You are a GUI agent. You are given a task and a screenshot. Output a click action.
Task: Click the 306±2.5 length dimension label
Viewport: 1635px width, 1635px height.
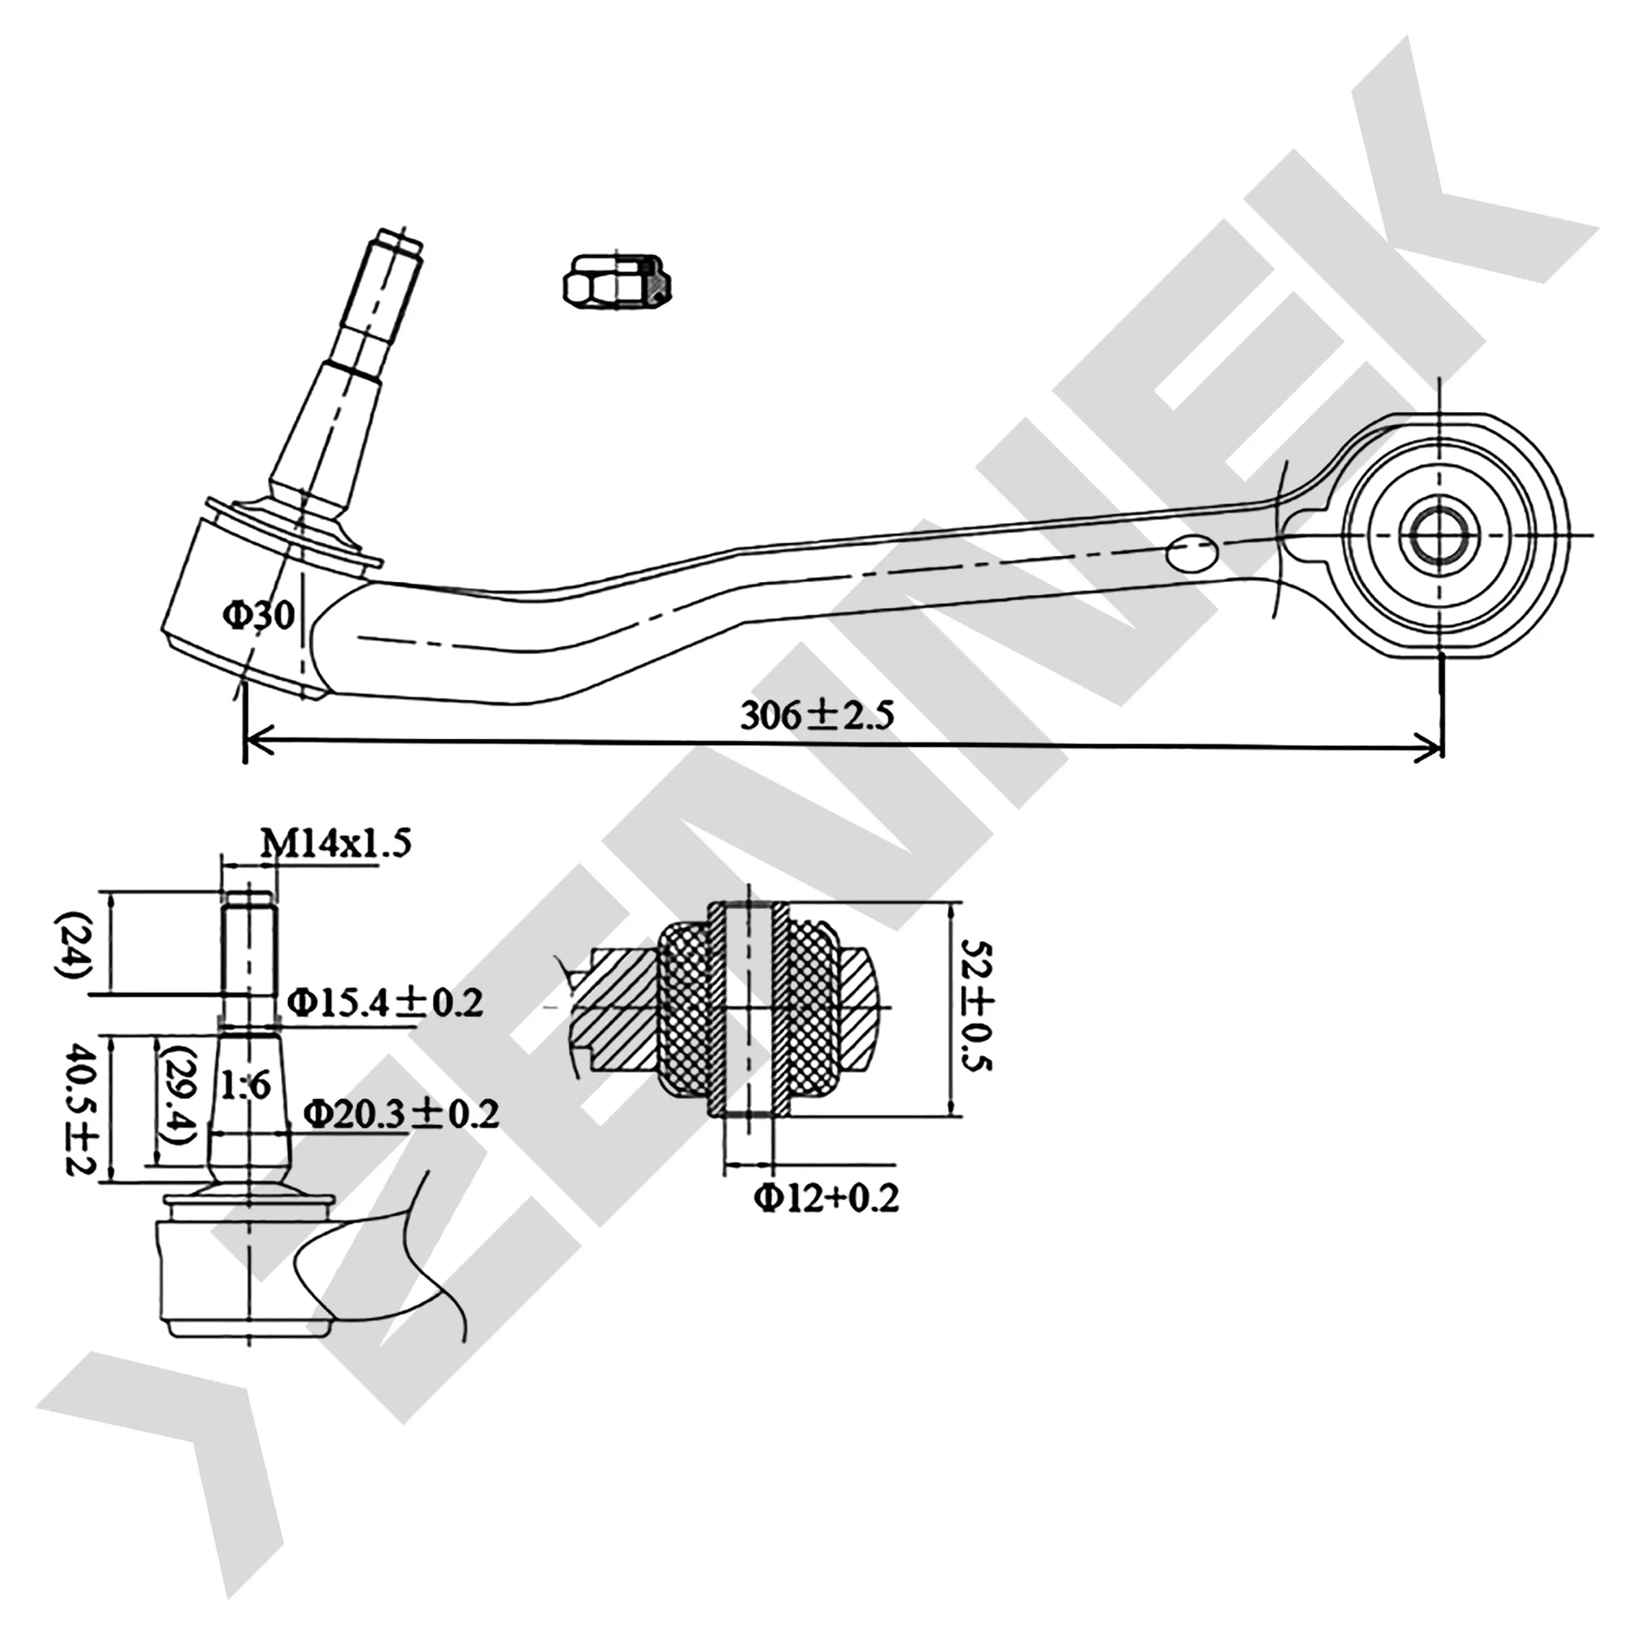coord(817,716)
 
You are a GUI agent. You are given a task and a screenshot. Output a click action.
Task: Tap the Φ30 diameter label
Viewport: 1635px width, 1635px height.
coord(259,616)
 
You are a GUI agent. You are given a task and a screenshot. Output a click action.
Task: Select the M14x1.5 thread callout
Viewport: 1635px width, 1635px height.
coord(335,844)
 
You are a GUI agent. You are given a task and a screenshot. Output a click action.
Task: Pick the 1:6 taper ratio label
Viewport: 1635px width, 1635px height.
coord(245,1084)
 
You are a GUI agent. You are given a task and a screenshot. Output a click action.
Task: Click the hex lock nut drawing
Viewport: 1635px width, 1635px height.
coord(617,280)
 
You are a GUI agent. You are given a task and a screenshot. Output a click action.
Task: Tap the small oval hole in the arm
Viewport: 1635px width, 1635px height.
coord(1192,553)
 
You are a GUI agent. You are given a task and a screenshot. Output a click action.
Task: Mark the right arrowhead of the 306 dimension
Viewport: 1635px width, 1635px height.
coord(1428,748)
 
